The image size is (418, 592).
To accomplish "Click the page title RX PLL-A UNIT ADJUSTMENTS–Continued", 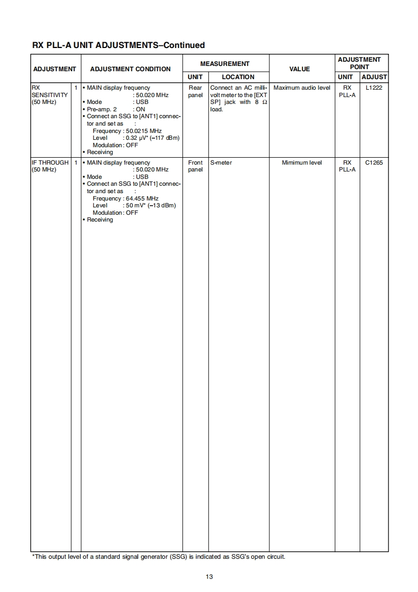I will pyautogui.click(x=119, y=45).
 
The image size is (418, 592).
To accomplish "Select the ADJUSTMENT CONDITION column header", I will pyautogui.click(x=130, y=69).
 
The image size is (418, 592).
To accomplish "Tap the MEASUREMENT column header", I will pyautogui.click(x=225, y=64).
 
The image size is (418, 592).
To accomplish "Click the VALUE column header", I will pyautogui.click(x=299, y=69).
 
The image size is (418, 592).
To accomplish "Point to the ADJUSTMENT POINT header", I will pyautogui.click(x=359, y=63).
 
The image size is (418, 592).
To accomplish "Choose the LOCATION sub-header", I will pyautogui.click(x=238, y=77).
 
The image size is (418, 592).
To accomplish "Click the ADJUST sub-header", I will pyautogui.click(x=374, y=77).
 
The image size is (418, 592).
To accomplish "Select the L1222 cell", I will pyautogui.click(x=374, y=88).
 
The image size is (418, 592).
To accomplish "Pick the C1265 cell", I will pyautogui.click(x=374, y=163).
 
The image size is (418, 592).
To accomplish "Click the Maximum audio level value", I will pyautogui.click(x=302, y=88).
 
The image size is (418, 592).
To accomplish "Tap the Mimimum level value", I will pyautogui.click(x=302, y=163).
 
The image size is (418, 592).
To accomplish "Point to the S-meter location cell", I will pyautogui.click(x=221, y=163).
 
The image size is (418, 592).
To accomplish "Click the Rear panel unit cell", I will pyautogui.click(x=195, y=91).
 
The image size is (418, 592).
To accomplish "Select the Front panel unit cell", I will pyautogui.click(x=195, y=166).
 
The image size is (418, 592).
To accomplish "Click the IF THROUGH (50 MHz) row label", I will pyautogui.click(x=50, y=166).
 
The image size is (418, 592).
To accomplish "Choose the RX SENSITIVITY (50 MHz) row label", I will pyautogui.click(x=50, y=95).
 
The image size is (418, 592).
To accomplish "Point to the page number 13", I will pyautogui.click(x=209, y=577).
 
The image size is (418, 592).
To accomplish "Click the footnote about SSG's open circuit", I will pyautogui.click(x=159, y=557).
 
